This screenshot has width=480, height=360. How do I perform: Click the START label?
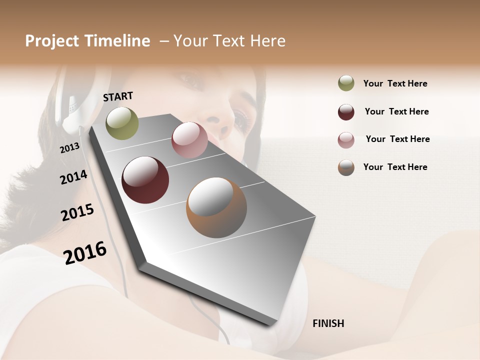tap(118, 96)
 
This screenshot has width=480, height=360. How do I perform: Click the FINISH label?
tap(328, 323)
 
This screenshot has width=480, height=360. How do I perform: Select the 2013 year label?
tap(69, 147)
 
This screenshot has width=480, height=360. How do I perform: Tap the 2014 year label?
tap(73, 177)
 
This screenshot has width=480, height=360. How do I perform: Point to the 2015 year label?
tap(77, 212)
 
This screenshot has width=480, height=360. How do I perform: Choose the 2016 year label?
tap(85, 252)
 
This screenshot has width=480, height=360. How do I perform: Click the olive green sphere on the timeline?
tap(122, 123)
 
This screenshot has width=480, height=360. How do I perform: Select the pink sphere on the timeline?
tap(189, 140)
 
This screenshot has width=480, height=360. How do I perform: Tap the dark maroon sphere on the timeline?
tap(145, 180)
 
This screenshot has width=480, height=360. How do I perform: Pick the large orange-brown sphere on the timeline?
tap(216, 207)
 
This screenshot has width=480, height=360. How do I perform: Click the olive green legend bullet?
tap(346, 83)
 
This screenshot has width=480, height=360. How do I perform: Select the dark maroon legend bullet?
tap(346, 112)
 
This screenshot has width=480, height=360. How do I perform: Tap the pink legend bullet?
tap(346, 140)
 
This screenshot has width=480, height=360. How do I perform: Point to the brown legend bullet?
tap(346, 167)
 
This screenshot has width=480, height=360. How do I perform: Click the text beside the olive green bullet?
tap(395, 83)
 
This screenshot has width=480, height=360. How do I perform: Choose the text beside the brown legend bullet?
tap(395, 167)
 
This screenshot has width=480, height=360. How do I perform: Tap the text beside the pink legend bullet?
tap(397, 139)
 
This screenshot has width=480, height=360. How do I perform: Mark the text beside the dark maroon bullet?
tap(396, 111)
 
